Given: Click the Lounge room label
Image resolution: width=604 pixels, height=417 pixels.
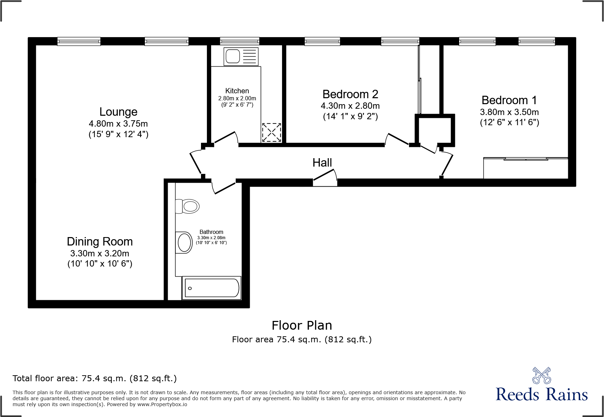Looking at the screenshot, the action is point(118,112).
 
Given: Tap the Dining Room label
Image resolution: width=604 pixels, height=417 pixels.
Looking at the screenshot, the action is point(100,242).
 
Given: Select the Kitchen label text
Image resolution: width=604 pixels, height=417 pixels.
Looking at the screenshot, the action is point(237,91).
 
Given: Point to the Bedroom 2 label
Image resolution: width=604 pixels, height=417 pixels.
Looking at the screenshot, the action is point(350,94).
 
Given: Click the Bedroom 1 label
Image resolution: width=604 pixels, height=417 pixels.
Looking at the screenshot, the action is point(509,100).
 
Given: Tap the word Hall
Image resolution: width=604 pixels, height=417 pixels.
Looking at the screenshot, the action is point(322,163).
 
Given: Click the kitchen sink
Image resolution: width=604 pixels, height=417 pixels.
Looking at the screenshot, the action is point(241,56).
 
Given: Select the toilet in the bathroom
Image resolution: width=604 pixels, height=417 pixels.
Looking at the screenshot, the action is point(187,206).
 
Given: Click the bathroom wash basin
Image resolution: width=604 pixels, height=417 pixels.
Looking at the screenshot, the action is point(184,242).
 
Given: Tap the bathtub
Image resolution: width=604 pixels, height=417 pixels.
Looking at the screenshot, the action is point(212,288).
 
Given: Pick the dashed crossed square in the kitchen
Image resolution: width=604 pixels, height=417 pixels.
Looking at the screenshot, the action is point(271,132).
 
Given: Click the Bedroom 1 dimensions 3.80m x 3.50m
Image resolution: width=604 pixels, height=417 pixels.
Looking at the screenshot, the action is point(509,112).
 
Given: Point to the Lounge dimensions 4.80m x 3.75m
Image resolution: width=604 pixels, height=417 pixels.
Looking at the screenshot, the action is point(118,124).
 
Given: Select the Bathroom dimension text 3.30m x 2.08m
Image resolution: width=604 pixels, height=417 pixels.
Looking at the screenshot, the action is point(211,238).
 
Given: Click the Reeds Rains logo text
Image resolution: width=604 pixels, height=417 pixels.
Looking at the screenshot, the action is point(542,394).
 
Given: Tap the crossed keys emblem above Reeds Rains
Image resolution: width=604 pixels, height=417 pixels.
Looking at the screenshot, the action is point(542,376).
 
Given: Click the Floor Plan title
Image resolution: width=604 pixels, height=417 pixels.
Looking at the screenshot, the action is point(302,325).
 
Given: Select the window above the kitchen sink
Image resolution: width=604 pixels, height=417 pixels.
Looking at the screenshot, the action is point(240,41).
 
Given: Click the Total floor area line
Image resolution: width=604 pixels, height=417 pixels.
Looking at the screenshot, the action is point(95,378).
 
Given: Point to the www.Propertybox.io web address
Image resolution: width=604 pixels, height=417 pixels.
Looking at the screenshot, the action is point(162,404).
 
